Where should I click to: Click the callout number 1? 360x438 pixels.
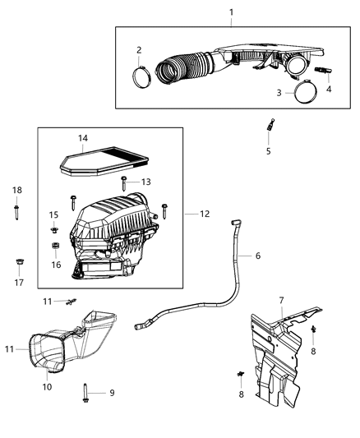point(231,12)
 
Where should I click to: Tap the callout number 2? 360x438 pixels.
point(139,50)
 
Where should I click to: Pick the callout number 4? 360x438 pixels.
point(328,89)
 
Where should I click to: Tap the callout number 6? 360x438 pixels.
point(257,256)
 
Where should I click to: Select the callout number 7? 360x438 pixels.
point(281,300)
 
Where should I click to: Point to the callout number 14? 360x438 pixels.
point(82,139)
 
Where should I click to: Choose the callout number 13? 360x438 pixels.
point(145,182)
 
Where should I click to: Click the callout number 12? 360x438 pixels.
point(204,214)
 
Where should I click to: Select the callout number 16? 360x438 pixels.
point(56,265)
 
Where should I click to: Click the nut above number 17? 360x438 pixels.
point(17,263)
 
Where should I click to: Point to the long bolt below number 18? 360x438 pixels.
point(17,211)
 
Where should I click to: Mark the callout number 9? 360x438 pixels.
point(113,392)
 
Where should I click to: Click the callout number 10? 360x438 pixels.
point(47,386)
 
